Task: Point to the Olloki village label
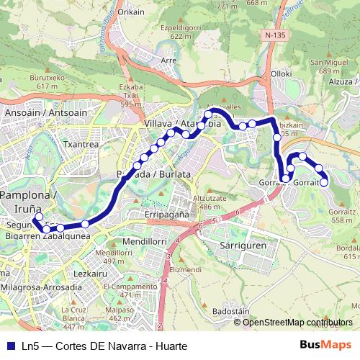point(282,73)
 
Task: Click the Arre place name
point(170,60)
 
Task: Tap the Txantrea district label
point(81,144)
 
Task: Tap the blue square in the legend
point(9,346)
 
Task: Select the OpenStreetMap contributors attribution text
point(297,322)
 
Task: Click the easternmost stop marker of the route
point(324,182)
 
